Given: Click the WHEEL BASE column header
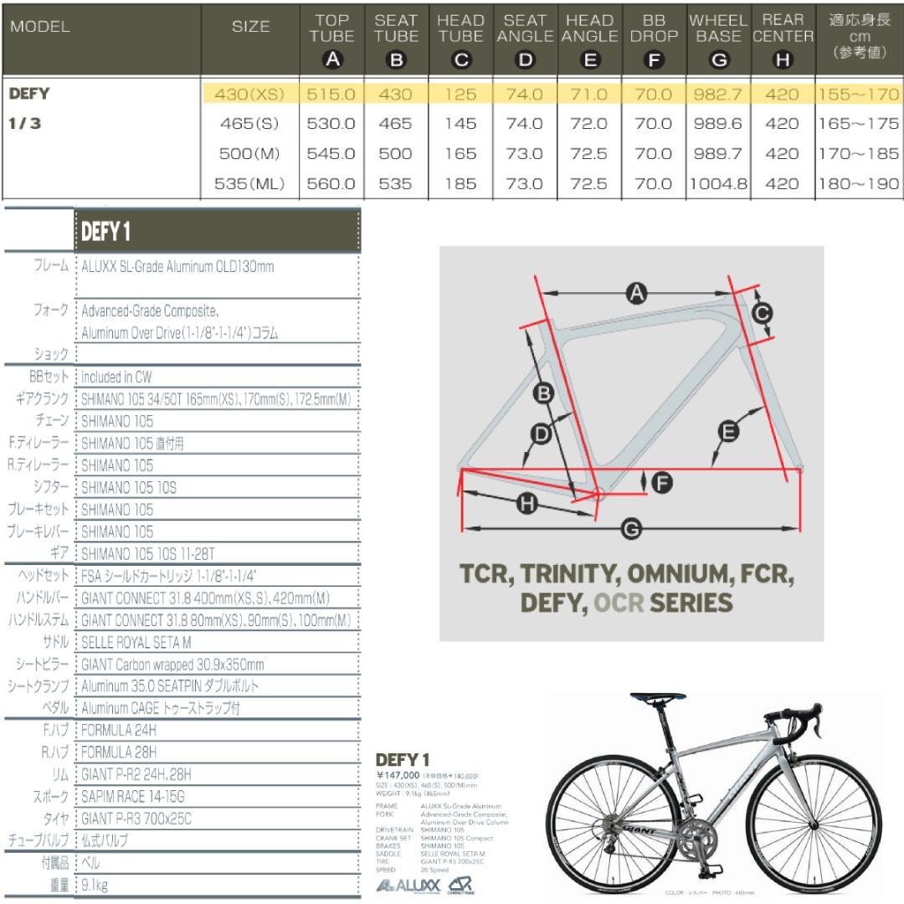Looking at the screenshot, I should tap(717, 37).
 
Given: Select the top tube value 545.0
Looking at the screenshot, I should tap(331, 154).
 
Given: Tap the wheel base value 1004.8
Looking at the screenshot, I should tap(717, 184).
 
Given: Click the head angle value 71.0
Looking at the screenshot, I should tap(589, 94).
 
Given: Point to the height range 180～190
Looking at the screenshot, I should tap(860, 184).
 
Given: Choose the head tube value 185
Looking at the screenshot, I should tap(460, 184).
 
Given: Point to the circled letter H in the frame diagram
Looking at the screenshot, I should tap(526, 505).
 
